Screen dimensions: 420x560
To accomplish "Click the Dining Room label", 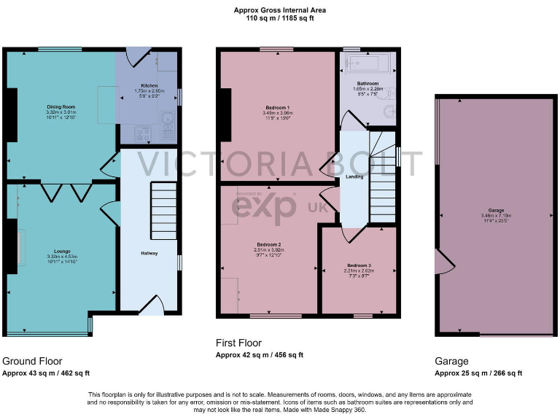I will pos(61,107).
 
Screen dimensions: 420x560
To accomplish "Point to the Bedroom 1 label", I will pos(277,108).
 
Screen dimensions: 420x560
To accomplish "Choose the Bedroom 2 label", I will pos(269,244).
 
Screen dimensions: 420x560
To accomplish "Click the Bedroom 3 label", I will pos(359,265).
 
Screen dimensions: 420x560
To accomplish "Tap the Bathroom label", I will pos(367,84).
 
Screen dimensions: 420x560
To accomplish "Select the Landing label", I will pos(354,176).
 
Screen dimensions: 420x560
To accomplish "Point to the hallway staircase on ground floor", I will pos(163,211).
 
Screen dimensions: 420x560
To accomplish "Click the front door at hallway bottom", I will pos(152,306).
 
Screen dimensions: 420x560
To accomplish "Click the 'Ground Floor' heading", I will pos(32,361).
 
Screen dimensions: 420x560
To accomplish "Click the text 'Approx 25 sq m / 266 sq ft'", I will pos(478,373).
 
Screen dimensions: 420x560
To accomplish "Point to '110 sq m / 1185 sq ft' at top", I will pos(280,19).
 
